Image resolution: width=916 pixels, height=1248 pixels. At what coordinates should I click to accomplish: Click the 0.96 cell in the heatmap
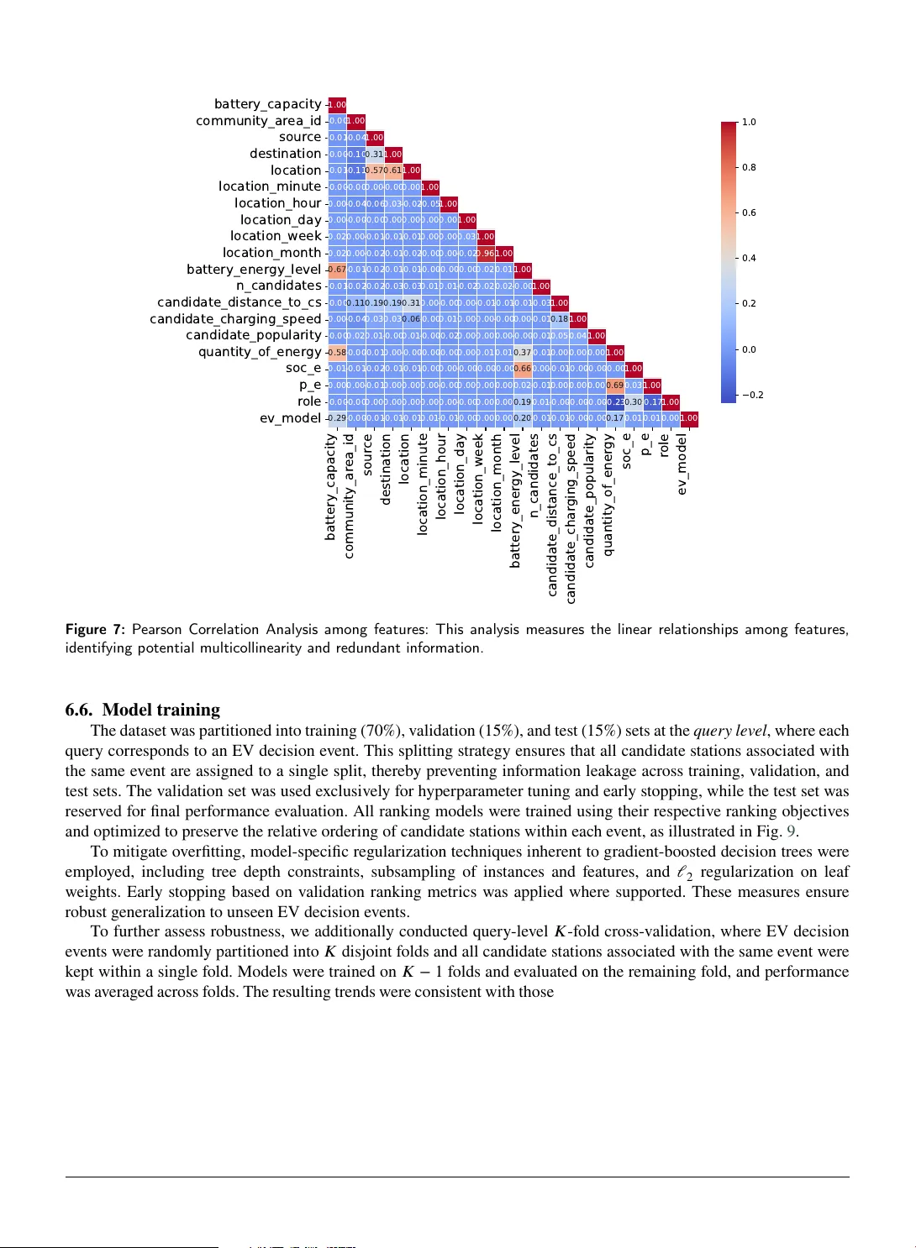(x=485, y=253)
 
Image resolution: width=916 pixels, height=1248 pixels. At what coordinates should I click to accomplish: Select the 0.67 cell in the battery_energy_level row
(x=337, y=270)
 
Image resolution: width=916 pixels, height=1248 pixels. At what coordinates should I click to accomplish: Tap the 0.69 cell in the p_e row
(x=614, y=385)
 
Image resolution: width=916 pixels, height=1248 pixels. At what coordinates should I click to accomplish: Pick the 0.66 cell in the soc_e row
(x=522, y=369)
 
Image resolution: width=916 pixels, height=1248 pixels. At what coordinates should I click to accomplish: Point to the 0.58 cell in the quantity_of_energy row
(x=337, y=352)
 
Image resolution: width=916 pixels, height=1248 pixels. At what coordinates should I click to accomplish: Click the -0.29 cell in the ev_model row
(x=337, y=418)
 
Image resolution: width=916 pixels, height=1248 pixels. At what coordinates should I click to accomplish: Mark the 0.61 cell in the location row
(x=392, y=170)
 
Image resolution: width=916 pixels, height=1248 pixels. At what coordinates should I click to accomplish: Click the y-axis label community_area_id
(x=258, y=121)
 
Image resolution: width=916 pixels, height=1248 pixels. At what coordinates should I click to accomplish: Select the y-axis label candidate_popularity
(x=253, y=335)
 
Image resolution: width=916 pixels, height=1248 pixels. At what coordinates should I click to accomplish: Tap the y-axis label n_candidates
(x=278, y=286)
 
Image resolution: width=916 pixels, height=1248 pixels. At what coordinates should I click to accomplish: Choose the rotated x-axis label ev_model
(x=682, y=464)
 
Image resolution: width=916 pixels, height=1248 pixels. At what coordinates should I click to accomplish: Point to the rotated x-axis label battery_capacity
(x=331, y=486)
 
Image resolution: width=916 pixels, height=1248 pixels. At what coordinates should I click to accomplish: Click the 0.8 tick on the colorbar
(x=749, y=167)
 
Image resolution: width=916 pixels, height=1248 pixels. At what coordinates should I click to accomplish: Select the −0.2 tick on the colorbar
(x=752, y=395)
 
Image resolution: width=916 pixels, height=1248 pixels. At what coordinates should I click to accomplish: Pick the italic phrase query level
(x=729, y=731)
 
